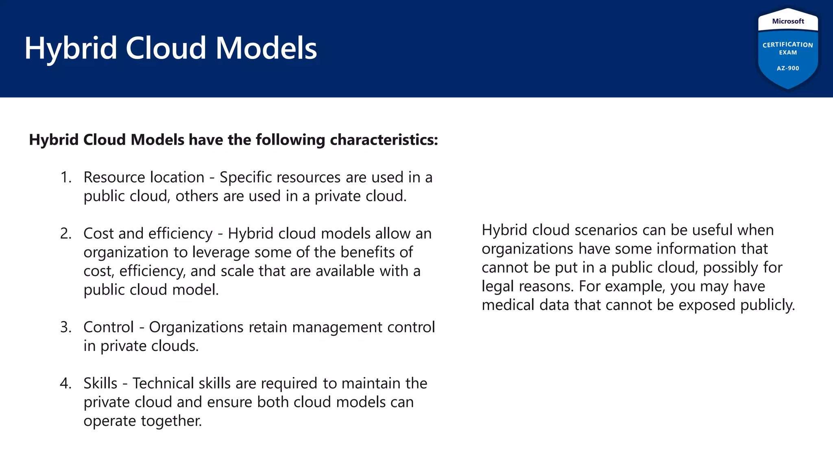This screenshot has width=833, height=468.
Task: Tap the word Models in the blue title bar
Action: pos(266,48)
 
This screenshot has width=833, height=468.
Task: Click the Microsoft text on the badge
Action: pos(788,21)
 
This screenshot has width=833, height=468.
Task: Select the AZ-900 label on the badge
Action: pos(788,68)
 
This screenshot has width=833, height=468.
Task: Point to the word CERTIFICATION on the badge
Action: pos(788,45)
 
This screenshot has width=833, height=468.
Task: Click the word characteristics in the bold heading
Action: pos(384,140)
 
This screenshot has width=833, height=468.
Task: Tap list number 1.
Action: pos(65,178)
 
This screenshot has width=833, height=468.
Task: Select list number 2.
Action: pos(65,234)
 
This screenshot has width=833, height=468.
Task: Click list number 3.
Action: pos(65,327)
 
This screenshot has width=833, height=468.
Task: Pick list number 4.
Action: pos(65,383)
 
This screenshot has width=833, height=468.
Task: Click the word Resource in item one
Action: pos(110,178)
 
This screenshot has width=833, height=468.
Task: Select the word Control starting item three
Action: pos(109,327)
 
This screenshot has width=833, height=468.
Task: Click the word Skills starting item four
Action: pos(100,383)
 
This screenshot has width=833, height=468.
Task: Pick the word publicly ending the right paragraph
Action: pos(767,305)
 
